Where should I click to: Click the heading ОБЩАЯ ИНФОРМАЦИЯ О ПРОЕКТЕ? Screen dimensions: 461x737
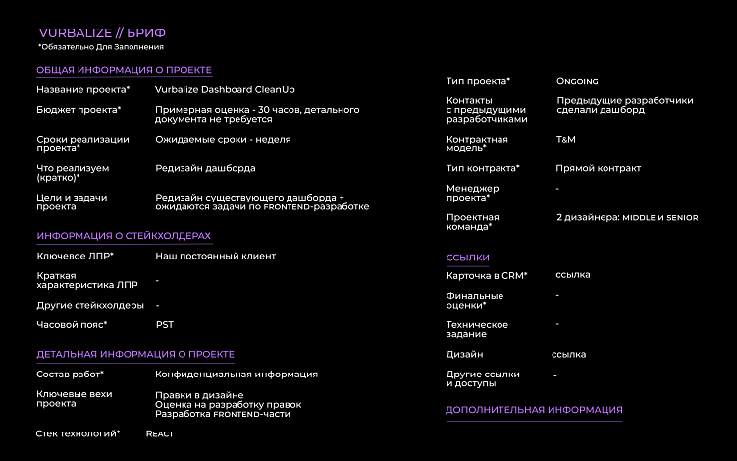(x=124, y=70)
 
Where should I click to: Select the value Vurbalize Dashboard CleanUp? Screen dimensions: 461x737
(x=225, y=89)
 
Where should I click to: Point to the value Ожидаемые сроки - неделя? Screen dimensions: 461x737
(x=223, y=139)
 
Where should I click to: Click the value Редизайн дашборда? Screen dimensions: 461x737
(x=204, y=168)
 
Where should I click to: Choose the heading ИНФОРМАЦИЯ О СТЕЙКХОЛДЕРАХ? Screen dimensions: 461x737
(x=124, y=236)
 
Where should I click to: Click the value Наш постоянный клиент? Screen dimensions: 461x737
(x=215, y=256)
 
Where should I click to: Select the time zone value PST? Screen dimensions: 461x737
(x=165, y=324)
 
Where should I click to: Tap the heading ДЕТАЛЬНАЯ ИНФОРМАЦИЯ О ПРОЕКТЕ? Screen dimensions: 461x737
(x=135, y=354)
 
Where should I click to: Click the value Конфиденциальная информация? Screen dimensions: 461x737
(x=236, y=374)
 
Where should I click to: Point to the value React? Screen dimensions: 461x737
(x=160, y=433)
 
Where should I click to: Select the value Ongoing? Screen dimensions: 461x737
(x=577, y=81)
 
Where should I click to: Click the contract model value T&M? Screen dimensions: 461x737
(x=566, y=140)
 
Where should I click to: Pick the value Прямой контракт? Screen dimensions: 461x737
(x=598, y=168)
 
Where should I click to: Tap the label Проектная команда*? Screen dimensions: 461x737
(x=469, y=221)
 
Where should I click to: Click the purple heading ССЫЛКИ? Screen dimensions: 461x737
(x=467, y=258)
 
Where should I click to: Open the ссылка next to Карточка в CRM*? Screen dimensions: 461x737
(x=573, y=275)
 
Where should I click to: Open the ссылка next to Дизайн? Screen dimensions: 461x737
(x=569, y=354)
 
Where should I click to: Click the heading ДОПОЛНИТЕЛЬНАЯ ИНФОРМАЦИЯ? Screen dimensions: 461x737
(x=534, y=410)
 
